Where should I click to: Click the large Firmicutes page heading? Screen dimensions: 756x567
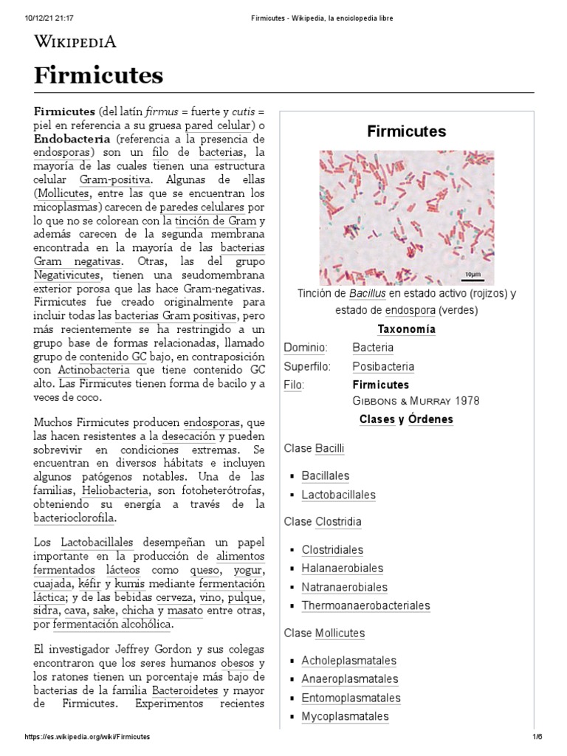[99, 75]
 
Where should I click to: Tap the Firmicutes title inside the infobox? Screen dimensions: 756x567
[406, 131]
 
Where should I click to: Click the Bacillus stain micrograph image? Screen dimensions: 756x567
[406, 217]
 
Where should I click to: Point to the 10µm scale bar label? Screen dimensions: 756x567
[472, 275]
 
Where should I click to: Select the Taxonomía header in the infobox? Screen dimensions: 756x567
[406, 329]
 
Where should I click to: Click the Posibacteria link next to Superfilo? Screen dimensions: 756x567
[383, 367]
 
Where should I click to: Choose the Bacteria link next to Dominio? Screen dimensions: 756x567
[373, 348]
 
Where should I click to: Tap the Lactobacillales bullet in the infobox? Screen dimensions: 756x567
[338, 495]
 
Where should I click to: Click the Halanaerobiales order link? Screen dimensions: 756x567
[342, 568]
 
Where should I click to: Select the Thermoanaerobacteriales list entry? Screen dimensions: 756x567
[365, 606]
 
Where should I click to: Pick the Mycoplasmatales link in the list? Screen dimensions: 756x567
[345, 717]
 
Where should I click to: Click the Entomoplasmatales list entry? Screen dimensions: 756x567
[351, 698]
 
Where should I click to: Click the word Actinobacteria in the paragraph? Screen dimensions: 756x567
[94, 370]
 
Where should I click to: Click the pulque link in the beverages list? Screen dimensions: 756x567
[246, 597]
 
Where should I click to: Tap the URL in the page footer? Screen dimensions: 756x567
[88, 738]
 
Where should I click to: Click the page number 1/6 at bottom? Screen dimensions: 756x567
[537, 738]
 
